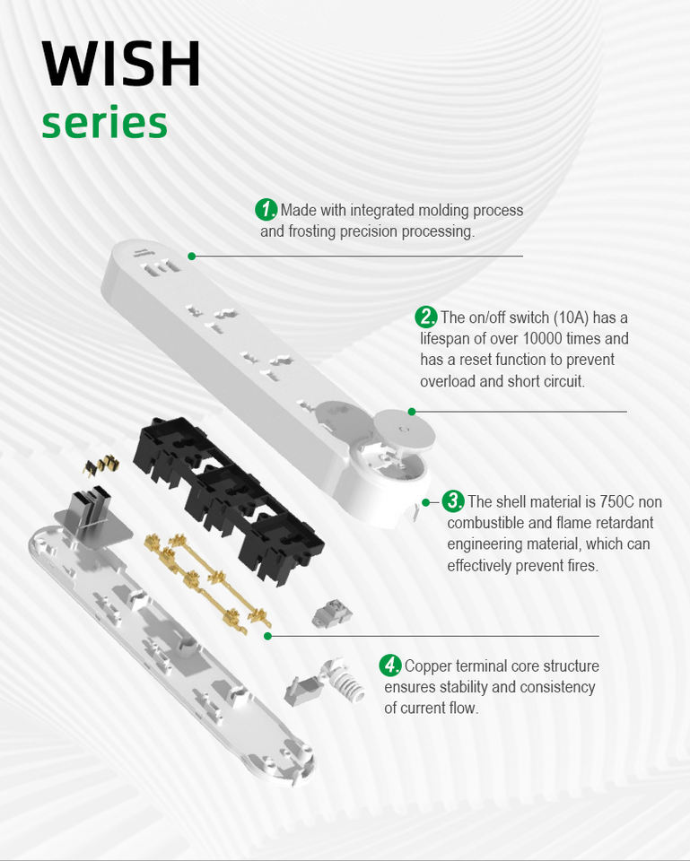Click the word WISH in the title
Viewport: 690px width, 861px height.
(121, 64)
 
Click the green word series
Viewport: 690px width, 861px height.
(104, 123)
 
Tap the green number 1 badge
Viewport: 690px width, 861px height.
(266, 209)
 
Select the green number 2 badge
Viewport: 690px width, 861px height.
(426, 317)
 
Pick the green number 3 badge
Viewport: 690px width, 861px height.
(453, 500)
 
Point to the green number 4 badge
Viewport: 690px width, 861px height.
(390, 665)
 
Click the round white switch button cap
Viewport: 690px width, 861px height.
(405, 429)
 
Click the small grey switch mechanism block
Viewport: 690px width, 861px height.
(332, 613)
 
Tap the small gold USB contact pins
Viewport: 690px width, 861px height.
(101, 465)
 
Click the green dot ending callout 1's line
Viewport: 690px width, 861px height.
(192, 256)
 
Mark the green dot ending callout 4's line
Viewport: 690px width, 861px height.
(267, 636)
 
